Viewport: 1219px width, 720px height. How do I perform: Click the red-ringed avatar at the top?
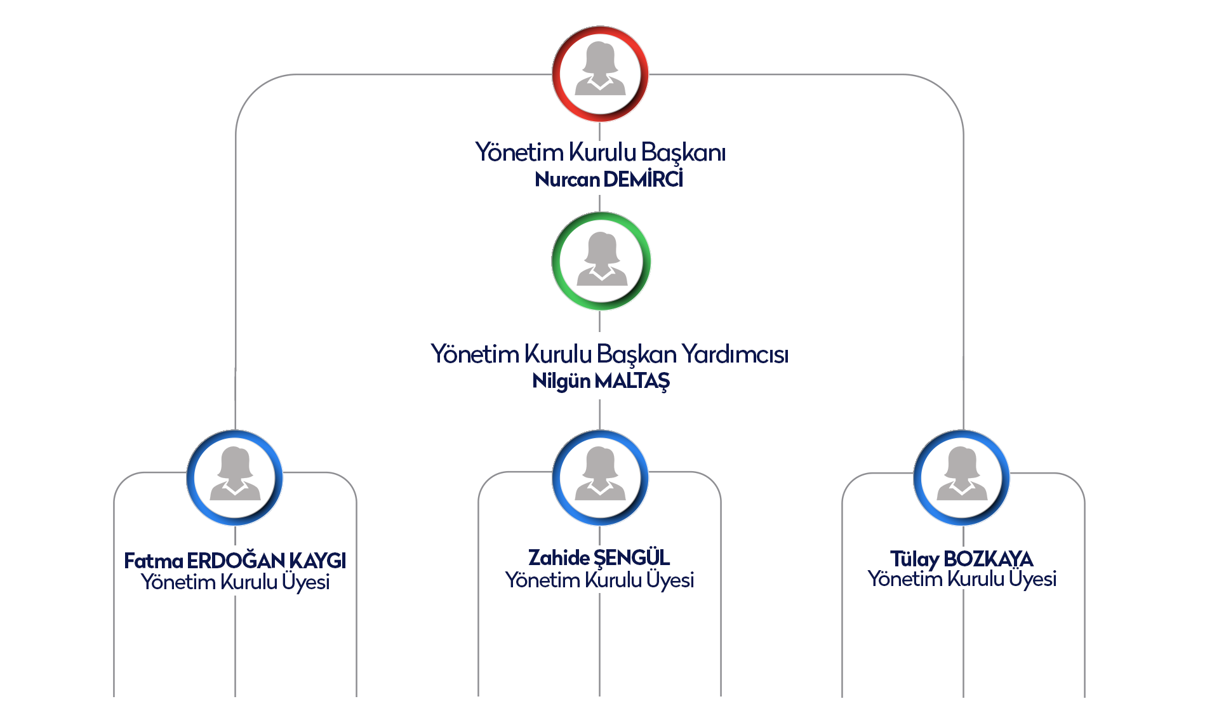coord(600,74)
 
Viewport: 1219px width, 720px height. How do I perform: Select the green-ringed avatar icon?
coord(601,261)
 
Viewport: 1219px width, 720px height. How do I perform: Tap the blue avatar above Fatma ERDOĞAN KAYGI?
coord(235,477)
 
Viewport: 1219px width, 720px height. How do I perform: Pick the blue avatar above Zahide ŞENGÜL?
coord(600,477)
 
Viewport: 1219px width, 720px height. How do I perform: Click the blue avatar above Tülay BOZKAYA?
coord(962,477)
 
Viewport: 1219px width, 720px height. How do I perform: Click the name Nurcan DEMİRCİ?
coord(609,180)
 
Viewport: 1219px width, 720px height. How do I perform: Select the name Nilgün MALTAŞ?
coord(601,381)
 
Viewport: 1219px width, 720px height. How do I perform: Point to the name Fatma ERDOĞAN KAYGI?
coord(235,561)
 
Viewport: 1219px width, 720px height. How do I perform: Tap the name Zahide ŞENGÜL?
coord(599,557)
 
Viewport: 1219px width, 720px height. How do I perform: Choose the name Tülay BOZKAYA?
coord(961,559)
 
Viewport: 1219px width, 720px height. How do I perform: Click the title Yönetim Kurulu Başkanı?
coord(601,152)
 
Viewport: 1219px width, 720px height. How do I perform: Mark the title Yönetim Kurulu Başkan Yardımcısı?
coord(609,354)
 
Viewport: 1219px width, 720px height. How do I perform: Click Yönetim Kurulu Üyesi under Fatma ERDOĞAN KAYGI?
coord(235,582)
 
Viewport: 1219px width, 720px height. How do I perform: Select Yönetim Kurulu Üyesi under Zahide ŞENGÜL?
coord(599,580)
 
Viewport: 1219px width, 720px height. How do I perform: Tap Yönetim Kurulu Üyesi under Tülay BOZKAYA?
coord(962,579)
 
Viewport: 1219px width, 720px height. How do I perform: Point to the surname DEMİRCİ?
coord(644,180)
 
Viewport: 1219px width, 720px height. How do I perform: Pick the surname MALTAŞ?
coord(632,381)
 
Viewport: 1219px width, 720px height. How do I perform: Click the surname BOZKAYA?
coord(989,559)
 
